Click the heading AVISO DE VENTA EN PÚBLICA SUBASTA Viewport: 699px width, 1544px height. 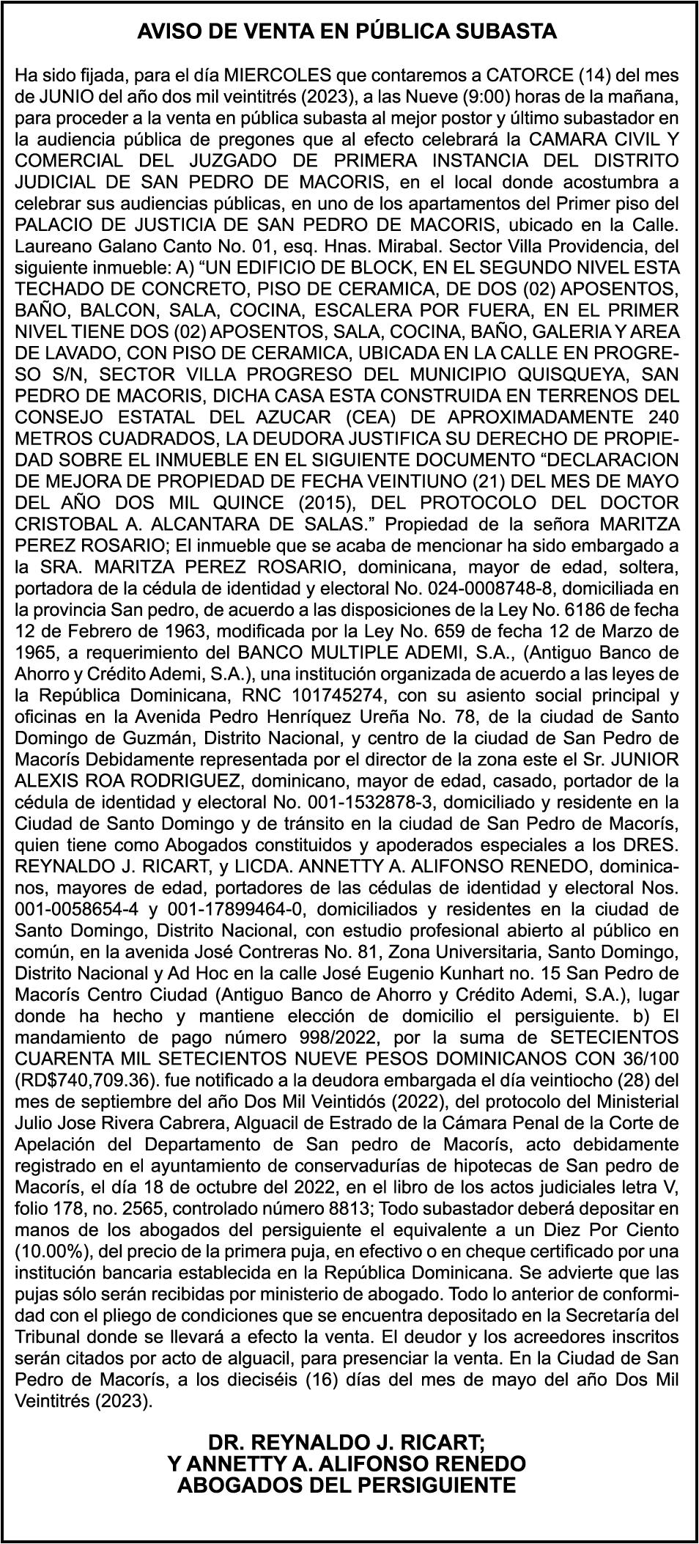click(348, 32)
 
